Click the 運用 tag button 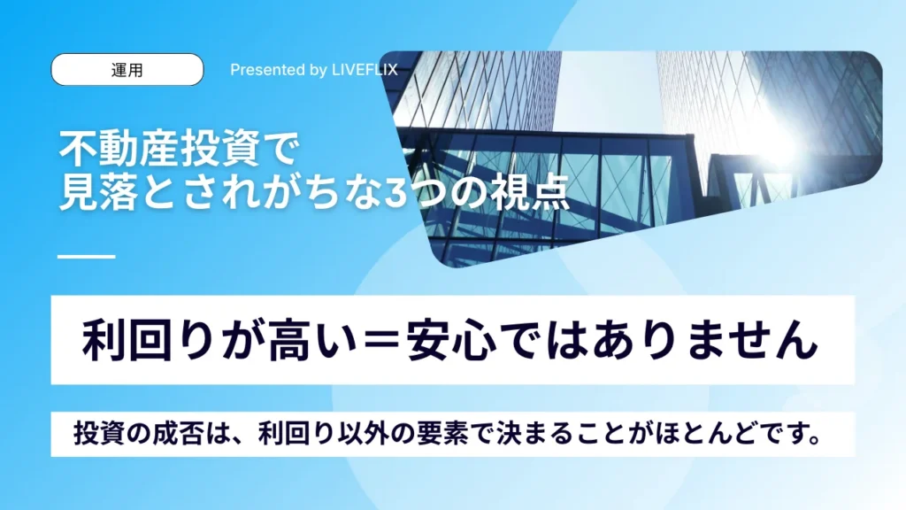pyautogui.click(x=127, y=70)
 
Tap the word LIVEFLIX pyautogui.click(x=365, y=70)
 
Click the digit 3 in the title pyautogui.click(x=395, y=195)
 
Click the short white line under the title pyautogui.click(x=86, y=257)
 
